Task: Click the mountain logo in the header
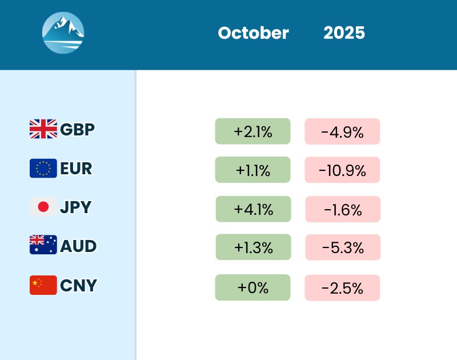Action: click(63, 33)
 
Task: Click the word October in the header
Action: click(253, 33)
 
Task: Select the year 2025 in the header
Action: click(344, 33)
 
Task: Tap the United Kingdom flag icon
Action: click(43, 129)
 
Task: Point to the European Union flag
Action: click(43, 168)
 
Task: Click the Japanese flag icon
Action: click(43, 207)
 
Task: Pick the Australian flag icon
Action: click(43, 246)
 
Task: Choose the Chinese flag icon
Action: click(43, 285)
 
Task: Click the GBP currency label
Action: click(77, 129)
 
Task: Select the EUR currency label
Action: click(76, 169)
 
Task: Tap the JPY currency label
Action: click(75, 207)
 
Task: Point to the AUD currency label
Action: click(78, 246)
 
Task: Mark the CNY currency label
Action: click(78, 285)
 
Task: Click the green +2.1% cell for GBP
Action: click(252, 131)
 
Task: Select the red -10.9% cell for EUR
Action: click(342, 170)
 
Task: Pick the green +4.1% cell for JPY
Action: click(253, 209)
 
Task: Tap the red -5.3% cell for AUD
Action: click(343, 247)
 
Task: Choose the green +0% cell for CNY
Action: click(252, 287)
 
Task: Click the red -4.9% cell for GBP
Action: click(342, 131)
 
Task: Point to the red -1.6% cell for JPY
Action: click(343, 209)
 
